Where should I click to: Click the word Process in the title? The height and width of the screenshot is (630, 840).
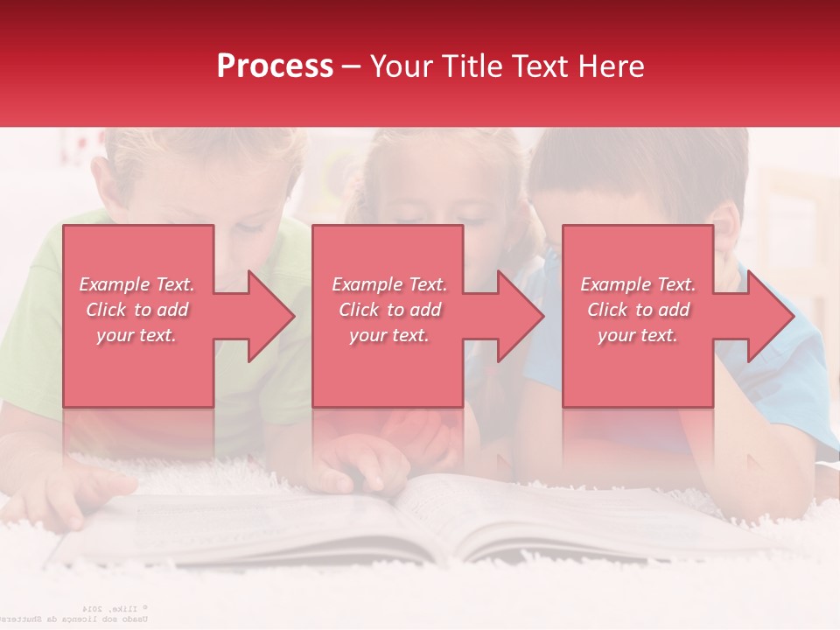(x=275, y=66)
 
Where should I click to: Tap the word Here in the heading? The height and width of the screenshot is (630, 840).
(x=609, y=66)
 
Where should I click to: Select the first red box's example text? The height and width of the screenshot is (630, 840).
(x=136, y=310)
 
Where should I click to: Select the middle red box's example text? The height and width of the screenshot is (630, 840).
(x=389, y=310)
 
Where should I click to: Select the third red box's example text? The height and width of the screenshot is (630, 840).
(x=638, y=310)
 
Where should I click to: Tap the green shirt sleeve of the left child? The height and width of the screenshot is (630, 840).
(x=31, y=350)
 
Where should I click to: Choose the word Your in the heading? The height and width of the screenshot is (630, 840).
(x=403, y=66)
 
